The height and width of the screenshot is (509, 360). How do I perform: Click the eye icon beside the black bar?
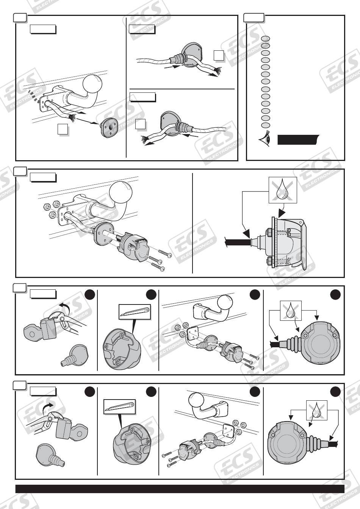pos(265,140)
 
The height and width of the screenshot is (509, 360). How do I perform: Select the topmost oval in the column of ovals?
pos(266,38)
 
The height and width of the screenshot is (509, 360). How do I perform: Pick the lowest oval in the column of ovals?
pos(266,125)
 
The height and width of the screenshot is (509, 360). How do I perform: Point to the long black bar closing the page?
pos(180,489)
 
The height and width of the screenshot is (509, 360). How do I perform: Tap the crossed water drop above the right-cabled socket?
pos(317,411)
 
